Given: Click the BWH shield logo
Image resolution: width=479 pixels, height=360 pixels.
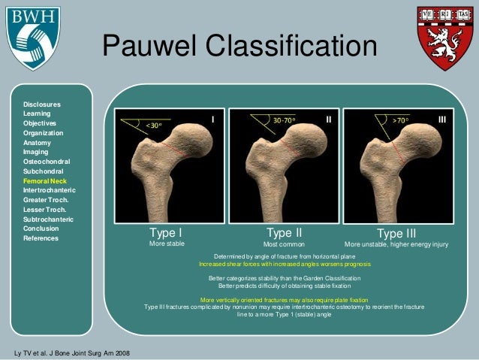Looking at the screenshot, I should pyautogui.click(x=31, y=37).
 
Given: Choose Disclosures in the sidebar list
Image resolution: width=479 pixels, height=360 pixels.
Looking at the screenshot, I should pyautogui.click(x=42, y=104).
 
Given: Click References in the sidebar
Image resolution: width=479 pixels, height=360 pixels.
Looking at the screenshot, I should pyautogui.click(x=41, y=238).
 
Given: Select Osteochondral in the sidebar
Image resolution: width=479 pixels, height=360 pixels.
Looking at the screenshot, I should pyautogui.click(x=47, y=162).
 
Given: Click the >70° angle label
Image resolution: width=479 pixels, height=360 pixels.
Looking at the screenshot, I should pyautogui.click(x=402, y=120).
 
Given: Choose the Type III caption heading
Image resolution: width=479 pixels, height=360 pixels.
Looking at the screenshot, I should pyautogui.click(x=396, y=233).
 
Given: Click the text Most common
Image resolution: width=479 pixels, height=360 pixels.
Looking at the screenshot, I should pyautogui.click(x=284, y=244).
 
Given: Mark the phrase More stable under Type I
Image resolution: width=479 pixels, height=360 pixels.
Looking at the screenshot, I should pyautogui.click(x=167, y=244).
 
